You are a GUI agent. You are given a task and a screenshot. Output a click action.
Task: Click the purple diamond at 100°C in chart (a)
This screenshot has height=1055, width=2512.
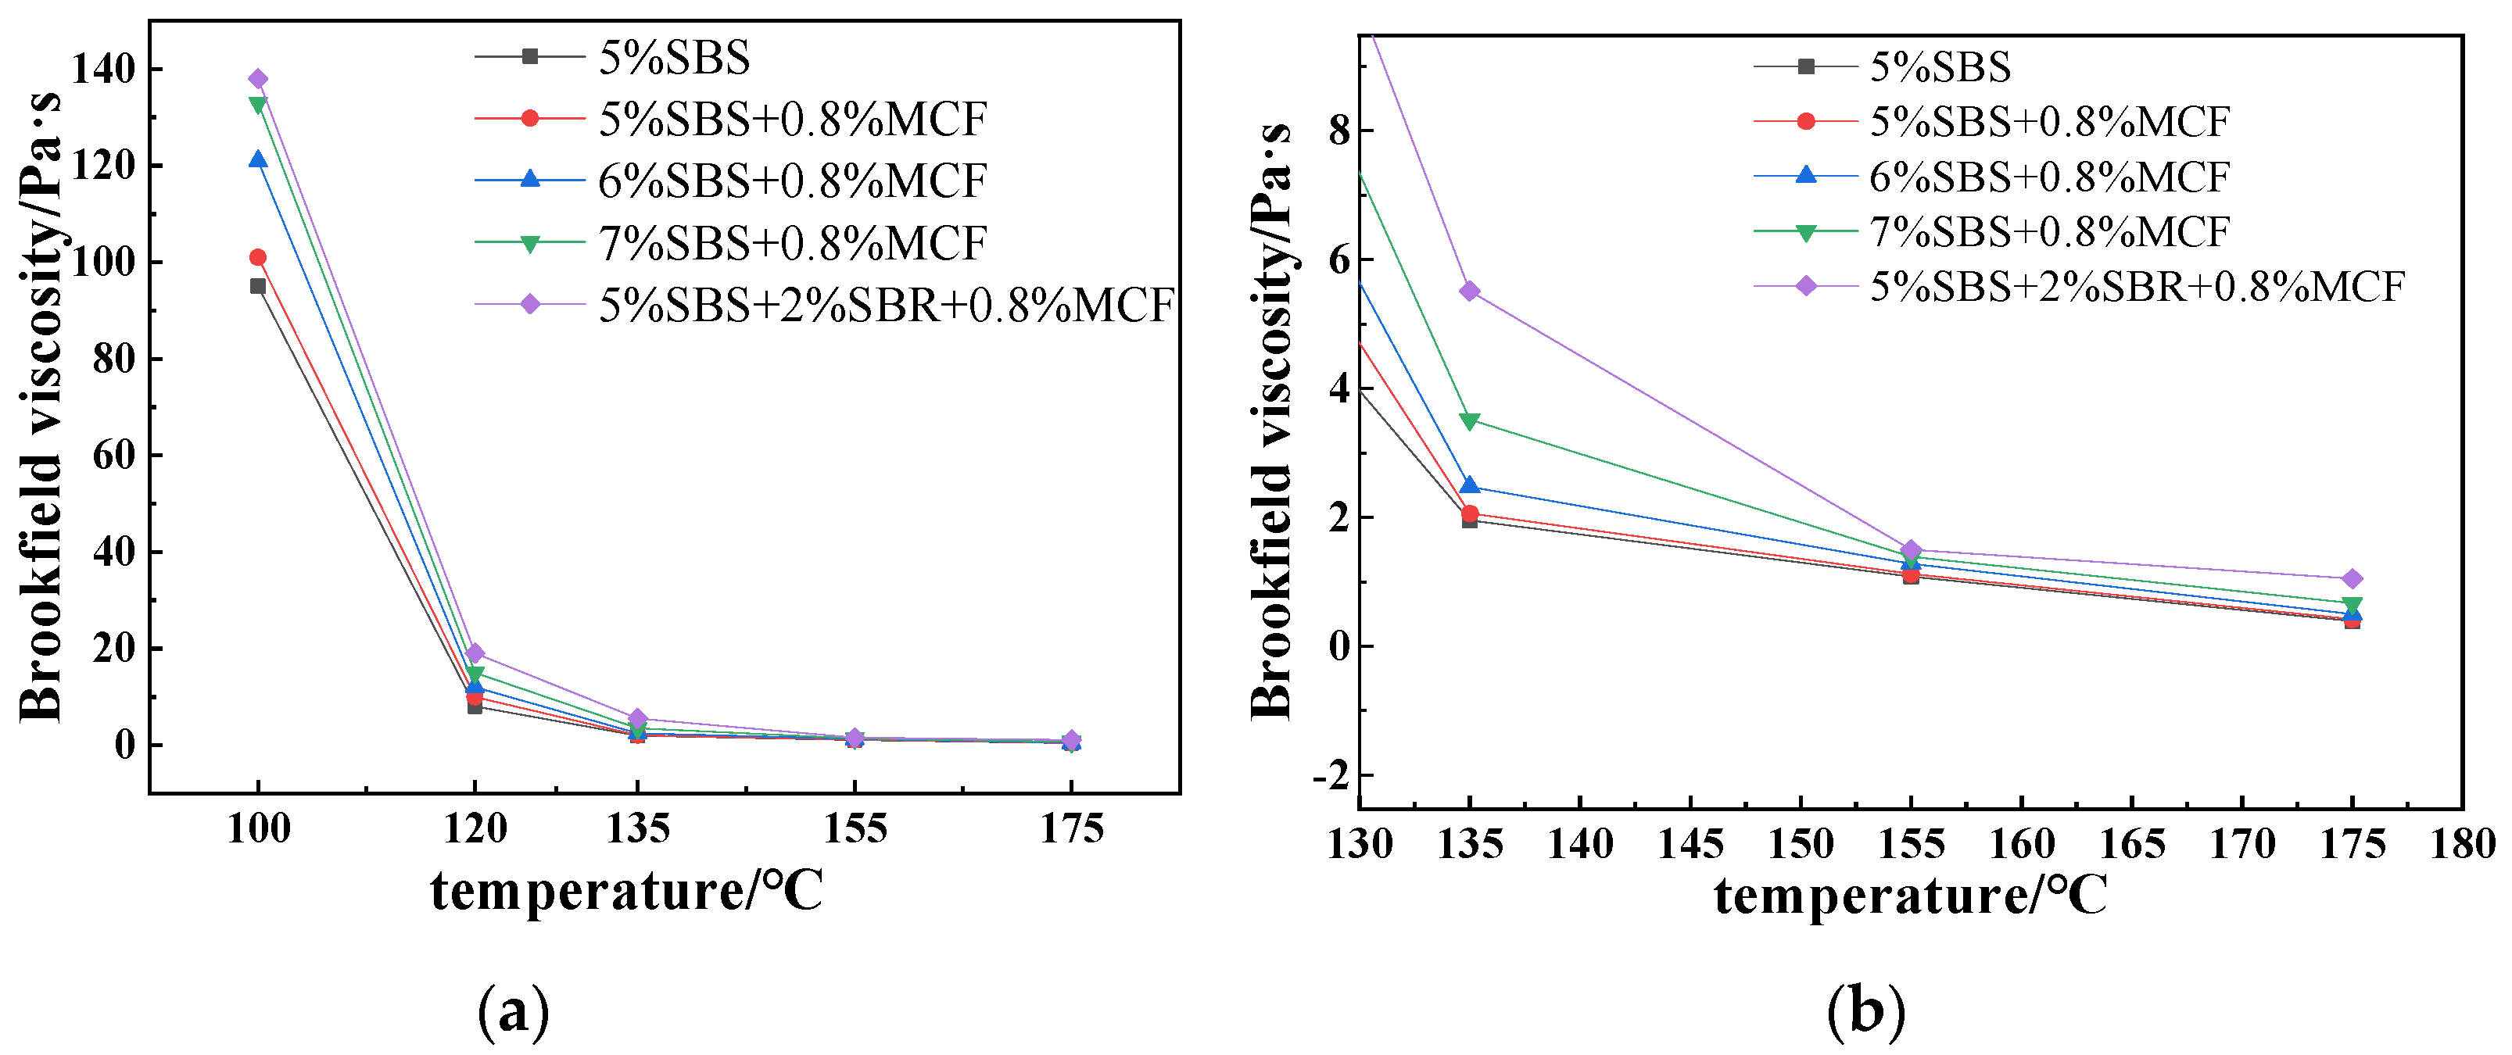pyautogui.click(x=257, y=79)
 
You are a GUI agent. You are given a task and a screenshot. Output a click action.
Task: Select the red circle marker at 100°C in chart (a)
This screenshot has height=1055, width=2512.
pyautogui.click(x=257, y=257)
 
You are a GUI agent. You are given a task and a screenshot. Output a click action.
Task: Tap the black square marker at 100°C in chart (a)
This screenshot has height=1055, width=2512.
pyautogui.click(x=257, y=286)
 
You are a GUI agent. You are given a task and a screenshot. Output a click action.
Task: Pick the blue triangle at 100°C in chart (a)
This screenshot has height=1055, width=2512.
pyautogui.click(x=257, y=159)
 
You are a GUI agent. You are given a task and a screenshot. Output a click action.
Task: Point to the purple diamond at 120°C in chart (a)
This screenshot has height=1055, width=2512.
pyautogui.click(x=475, y=653)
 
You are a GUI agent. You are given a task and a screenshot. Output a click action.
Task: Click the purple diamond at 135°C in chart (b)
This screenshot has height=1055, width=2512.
pyautogui.click(x=1470, y=291)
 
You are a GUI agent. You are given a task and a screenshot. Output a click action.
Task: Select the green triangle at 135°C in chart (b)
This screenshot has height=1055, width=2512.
pyautogui.click(x=1470, y=421)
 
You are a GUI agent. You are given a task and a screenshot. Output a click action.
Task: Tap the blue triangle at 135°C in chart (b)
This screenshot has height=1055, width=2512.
pyautogui.click(x=1470, y=485)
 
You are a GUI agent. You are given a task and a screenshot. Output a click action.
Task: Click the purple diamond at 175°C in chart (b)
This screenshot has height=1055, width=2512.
pyautogui.click(x=2352, y=579)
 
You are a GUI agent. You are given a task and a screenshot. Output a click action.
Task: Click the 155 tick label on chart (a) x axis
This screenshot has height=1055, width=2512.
pyautogui.click(x=855, y=829)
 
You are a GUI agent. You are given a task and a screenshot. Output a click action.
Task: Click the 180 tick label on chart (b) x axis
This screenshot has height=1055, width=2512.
pyautogui.click(x=2462, y=843)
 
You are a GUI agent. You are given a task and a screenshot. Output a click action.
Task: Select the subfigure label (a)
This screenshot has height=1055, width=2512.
pyautogui.click(x=513, y=1012)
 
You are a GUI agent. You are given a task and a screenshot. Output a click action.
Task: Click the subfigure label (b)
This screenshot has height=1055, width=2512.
pyautogui.click(x=1865, y=1010)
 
